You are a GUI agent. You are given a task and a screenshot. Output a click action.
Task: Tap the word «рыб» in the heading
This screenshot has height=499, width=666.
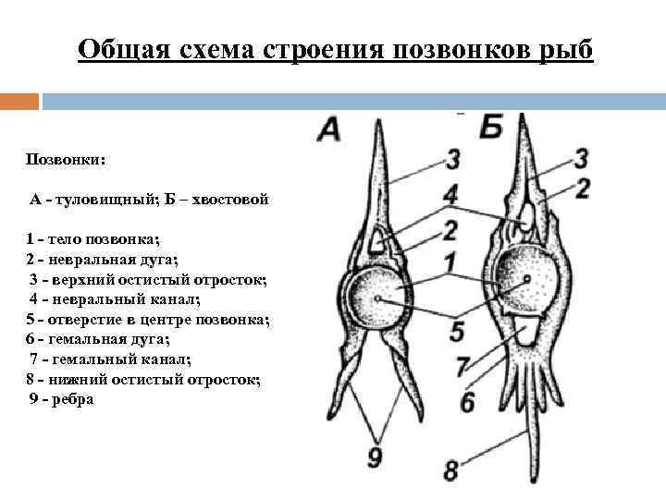(562, 48)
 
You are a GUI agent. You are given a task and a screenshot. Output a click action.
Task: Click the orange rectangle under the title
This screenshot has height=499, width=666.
(19, 101)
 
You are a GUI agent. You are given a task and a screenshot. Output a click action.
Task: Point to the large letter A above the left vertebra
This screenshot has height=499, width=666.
(329, 129)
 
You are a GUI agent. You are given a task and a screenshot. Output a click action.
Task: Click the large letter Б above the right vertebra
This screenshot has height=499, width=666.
(491, 128)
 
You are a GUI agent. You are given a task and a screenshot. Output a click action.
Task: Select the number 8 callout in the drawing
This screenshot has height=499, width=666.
(450, 470)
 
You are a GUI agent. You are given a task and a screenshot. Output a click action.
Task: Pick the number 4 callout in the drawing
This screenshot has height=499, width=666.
(450, 195)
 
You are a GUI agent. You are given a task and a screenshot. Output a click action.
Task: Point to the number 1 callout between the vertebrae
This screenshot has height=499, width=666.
(450, 262)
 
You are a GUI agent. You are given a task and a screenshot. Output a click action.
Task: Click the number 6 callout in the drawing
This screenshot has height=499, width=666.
(467, 401)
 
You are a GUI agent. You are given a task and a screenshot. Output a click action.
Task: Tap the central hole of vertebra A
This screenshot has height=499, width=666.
(378, 299)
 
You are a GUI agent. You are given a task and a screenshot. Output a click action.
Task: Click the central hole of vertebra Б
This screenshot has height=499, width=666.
(525, 279)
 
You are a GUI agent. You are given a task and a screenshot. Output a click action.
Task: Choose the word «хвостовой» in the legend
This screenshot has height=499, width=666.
(229, 199)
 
